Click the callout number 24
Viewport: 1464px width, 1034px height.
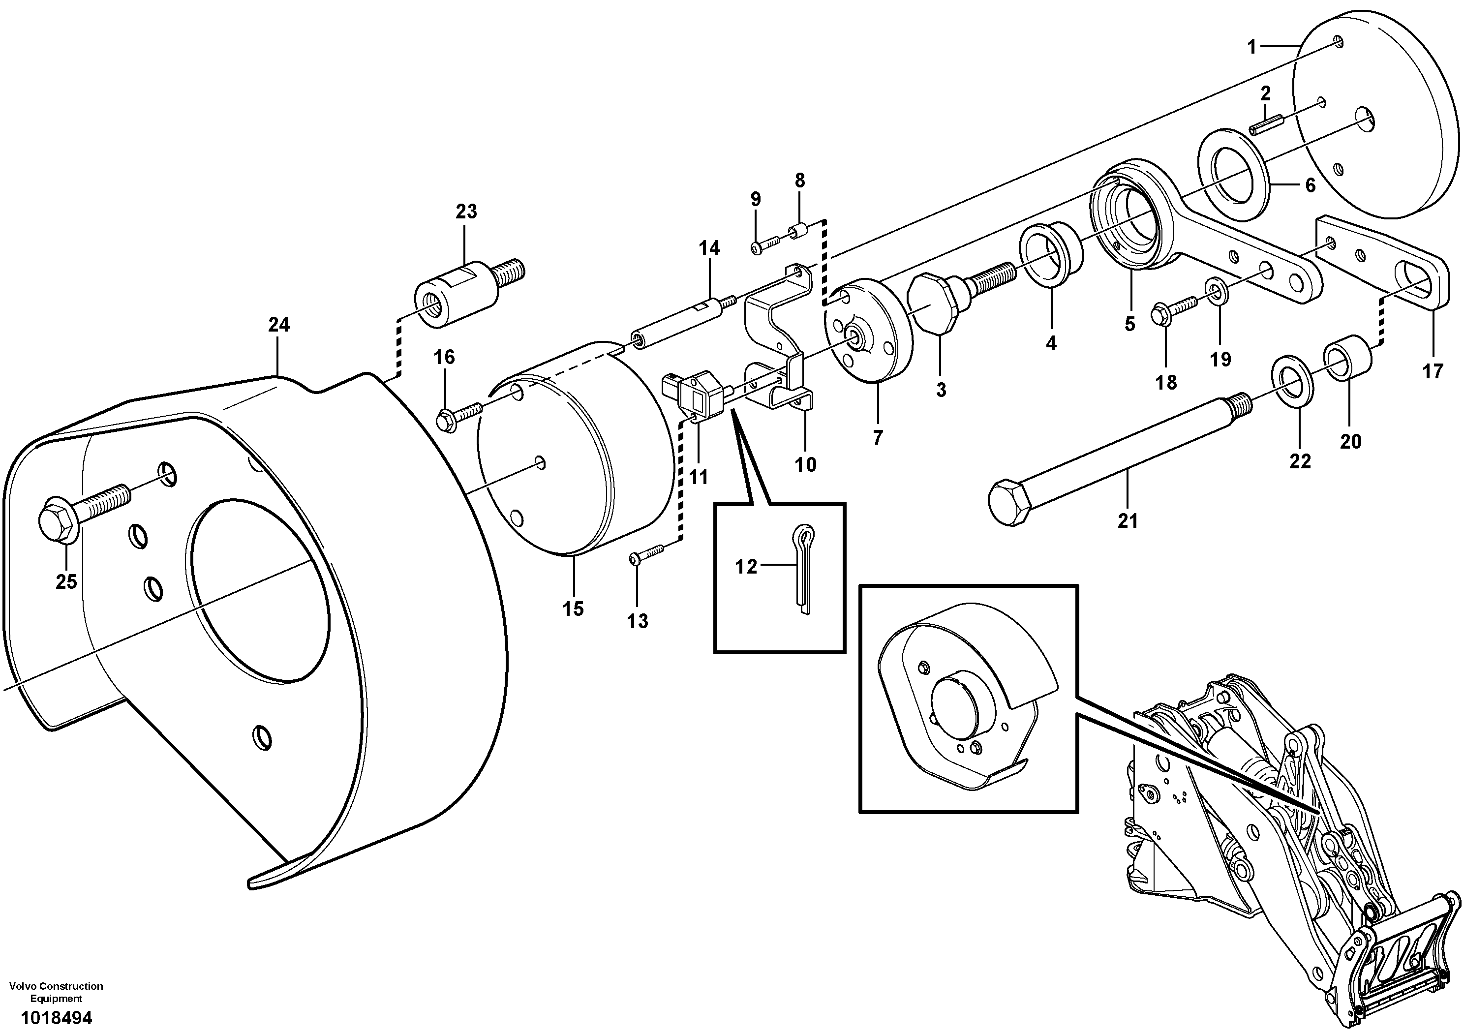coord(278,325)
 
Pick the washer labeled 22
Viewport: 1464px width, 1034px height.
coord(1292,381)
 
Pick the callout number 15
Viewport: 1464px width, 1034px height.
coord(573,609)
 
